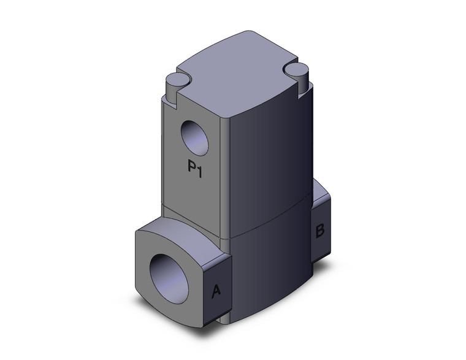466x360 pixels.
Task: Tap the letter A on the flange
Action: click(x=216, y=292)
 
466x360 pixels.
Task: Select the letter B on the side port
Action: click(x=319, y=231)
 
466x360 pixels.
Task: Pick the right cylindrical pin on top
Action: click(x=298, y=72)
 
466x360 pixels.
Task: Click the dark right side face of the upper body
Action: click(x=270, y=153)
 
